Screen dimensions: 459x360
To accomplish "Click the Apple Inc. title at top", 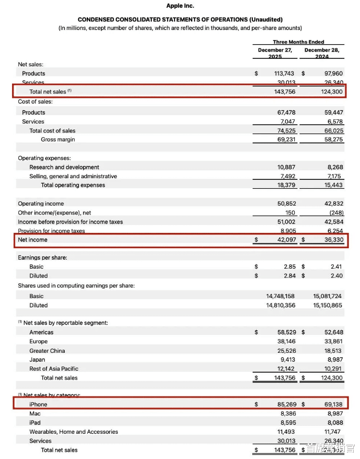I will [x=180, y=6].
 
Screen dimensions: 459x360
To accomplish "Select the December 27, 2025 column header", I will [x=275, y=53].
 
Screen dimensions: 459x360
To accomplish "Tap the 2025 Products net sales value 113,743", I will [x=284, y=74].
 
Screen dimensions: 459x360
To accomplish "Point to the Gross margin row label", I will [x=58, y=140].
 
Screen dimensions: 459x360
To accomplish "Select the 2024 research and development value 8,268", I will [x=334, y=167].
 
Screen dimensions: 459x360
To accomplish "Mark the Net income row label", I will [x=33, y=240].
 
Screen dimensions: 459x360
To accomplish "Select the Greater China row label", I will [x=47, y=351].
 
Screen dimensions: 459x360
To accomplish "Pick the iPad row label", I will [x=35, y=423].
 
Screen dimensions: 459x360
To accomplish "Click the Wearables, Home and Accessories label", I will [x=74, y=432].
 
